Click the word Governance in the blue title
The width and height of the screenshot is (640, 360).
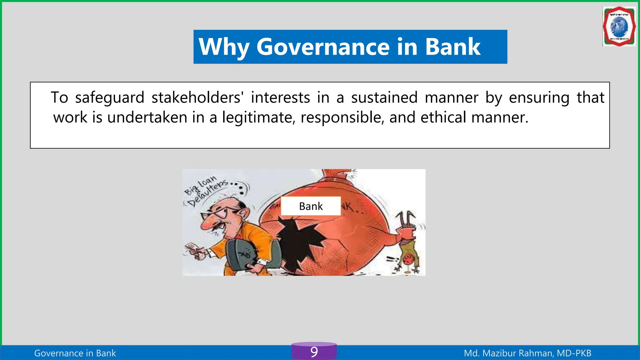(x=323, y=47)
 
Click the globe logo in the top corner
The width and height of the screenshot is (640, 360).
(x=619, y=27)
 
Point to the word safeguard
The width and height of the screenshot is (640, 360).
(x=109, y=98)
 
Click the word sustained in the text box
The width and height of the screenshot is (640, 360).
(x=384, y=97)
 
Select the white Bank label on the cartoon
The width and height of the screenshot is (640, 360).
(x=311, y=206)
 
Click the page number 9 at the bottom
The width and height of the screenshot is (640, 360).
(x=314, y=352)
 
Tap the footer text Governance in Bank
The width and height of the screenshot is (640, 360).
(x=75, y=353)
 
